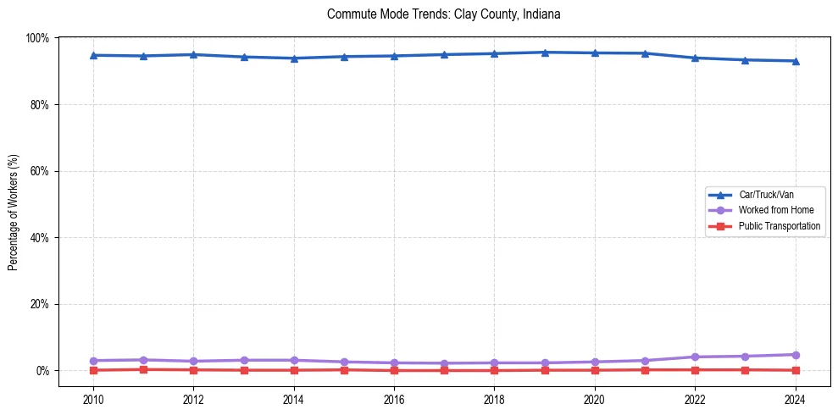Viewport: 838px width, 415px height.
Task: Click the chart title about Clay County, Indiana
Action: (443, 14)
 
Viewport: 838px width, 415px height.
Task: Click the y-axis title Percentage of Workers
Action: (14, 204)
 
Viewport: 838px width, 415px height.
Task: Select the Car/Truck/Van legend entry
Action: (765, 195)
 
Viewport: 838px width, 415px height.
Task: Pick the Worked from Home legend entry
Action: (775, 210)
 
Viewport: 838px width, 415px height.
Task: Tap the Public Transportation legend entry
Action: (779, 226)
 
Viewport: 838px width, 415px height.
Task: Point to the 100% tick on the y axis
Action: (37, 38)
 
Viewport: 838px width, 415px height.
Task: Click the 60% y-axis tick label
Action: (39, 171)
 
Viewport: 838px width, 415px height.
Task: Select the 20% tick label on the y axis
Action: (39, 304)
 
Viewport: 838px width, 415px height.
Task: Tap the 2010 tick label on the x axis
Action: (93, 399)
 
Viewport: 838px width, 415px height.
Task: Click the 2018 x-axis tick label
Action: (494, 399)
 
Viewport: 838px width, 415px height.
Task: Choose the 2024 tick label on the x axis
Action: (795, 399)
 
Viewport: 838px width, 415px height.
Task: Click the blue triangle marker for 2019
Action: (545, 53)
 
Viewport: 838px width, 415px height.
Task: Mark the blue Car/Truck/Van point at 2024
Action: (795, 61)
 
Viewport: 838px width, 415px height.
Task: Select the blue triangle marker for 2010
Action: (93, 55)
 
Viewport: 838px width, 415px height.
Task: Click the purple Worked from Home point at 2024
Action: (795, 355)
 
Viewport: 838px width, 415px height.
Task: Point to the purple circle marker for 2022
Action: (695, 357)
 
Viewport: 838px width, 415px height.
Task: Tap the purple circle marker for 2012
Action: (193, 362)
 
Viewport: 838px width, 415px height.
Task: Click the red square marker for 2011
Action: (143, 369)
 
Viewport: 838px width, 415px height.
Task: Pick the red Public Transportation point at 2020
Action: (595, 370)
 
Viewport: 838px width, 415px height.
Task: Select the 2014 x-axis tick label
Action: (293, 399)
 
